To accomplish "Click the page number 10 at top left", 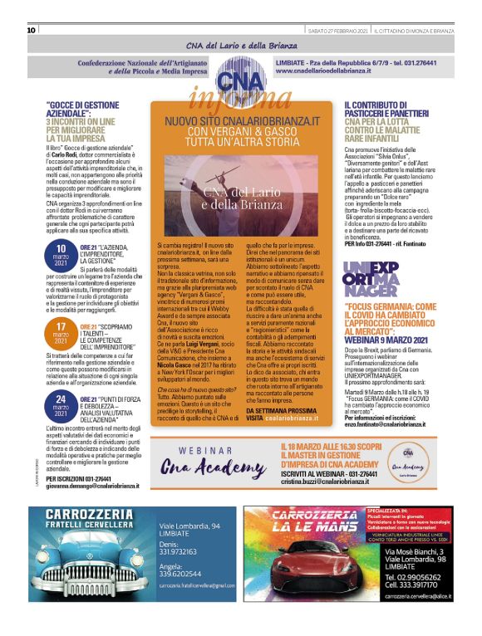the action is (x=32, y=30).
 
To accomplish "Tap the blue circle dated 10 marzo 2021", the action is (x=61, y=257).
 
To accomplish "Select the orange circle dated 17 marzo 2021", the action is (x=61, y=330).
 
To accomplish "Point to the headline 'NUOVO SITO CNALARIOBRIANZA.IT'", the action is (x=242, y=120).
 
